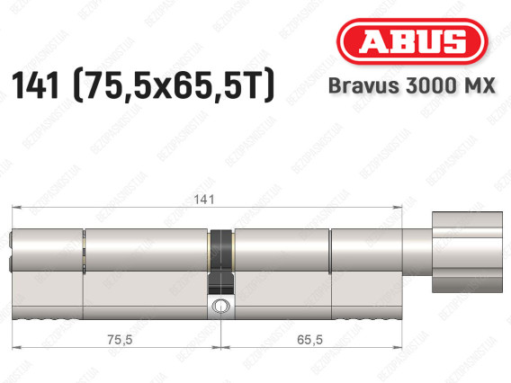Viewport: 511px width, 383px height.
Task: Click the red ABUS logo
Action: point(412,41)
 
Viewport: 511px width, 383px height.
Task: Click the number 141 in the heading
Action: point(35,85)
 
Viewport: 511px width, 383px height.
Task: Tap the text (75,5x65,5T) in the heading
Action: point(174,85)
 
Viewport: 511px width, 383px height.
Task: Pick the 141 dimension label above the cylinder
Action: point(204,200)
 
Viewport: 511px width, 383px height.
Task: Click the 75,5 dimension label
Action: point(120,340)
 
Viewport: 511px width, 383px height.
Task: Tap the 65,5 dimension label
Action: point(309,340)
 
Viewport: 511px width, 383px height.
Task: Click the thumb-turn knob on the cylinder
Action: point(467,252)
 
